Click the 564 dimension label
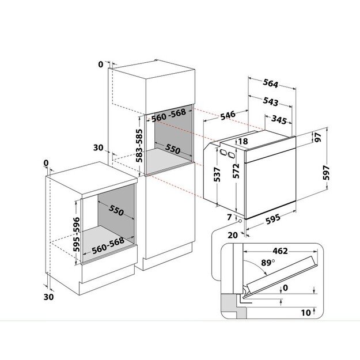[271, 83]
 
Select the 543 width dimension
[271, 101]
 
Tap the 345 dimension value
[279, 120]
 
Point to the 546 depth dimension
[228, 115]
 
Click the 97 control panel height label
[318, 137]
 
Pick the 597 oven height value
[326, 173]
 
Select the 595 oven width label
[273, 219]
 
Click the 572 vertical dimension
[236, 171]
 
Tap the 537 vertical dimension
[217, 175]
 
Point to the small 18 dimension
[243, 141]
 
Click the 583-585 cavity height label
[139, 146]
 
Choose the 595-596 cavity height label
[76, 234]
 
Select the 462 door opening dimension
[280, 251]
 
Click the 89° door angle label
[268, 263]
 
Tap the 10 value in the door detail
[306, 312]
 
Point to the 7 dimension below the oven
[229, 217]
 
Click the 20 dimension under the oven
[233, 235]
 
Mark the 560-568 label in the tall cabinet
[169, 115]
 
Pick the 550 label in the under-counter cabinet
[116, 210]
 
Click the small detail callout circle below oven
[240, 221]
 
